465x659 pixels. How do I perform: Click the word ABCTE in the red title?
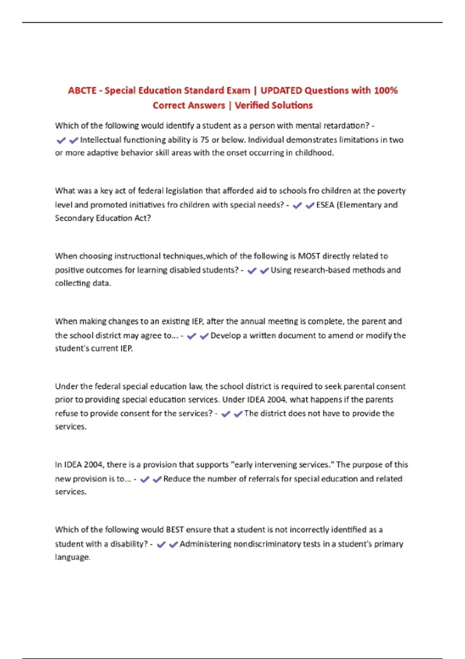pos(82,91)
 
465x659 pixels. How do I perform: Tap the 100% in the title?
pos(386,91)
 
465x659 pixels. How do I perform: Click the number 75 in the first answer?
pos(205,140)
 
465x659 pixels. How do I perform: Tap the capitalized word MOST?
pos(309,256)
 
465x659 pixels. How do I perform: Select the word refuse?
pos(66,414)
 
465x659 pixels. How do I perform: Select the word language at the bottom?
pos(72,557)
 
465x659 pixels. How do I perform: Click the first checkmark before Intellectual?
pos(61,140)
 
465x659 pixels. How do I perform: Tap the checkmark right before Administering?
pos(173,545)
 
